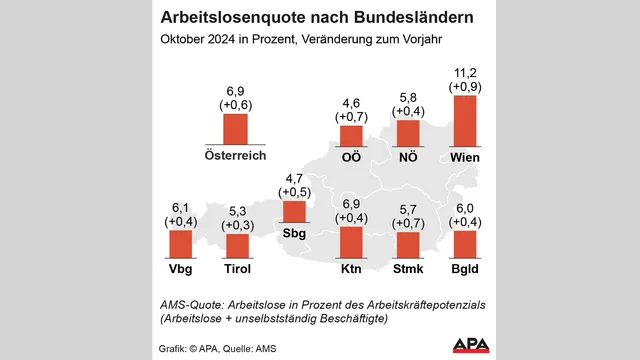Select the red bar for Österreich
point(235,130)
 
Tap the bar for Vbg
point(180,245)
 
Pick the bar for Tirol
point(237,247)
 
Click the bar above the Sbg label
point(294,212)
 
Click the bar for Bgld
point(465,245)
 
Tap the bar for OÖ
point(352,136)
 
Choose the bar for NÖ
point(409,133)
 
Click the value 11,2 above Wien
point(465,72)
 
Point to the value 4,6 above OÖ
point(352,102)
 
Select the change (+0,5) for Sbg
point(294,192)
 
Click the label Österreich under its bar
point(235,157)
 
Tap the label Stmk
point(409,269)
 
